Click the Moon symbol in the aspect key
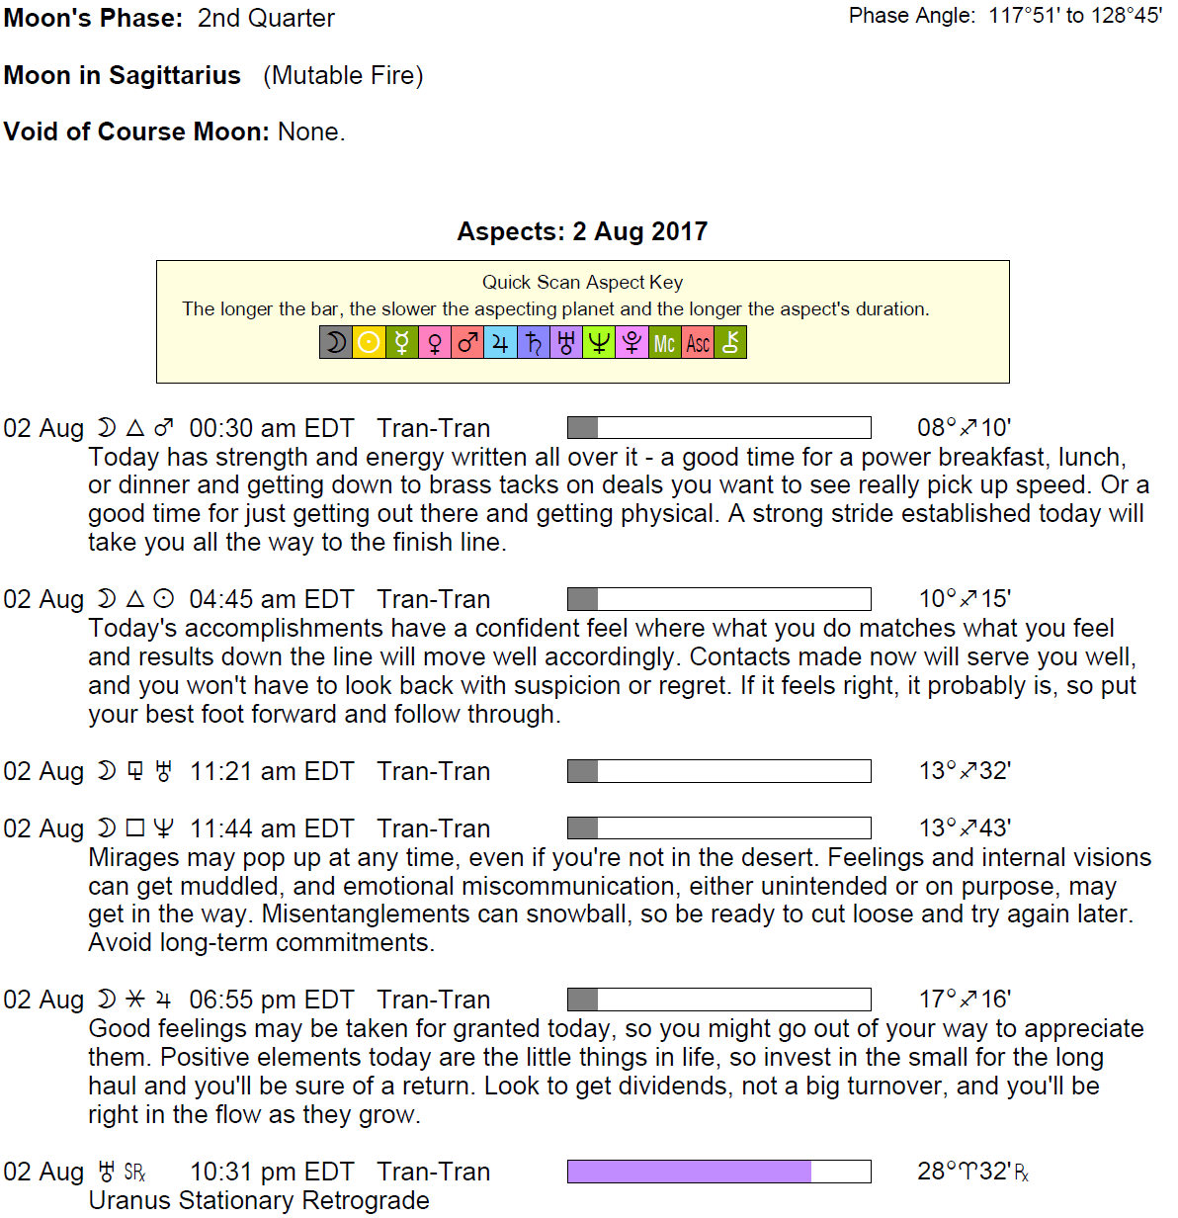336,343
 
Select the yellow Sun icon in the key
369,343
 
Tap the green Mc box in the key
664,343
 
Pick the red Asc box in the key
698,343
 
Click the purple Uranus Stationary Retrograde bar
689,1172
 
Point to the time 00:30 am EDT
271,428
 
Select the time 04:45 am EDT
271,599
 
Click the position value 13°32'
965,771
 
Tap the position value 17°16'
965,1000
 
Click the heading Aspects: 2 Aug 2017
582,231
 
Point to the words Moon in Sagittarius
123,75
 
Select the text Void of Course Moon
136,131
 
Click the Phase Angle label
912,16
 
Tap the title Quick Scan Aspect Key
582,283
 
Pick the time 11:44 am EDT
271,828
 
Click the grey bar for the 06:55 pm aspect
583,1000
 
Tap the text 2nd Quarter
266,18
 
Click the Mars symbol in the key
467,343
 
